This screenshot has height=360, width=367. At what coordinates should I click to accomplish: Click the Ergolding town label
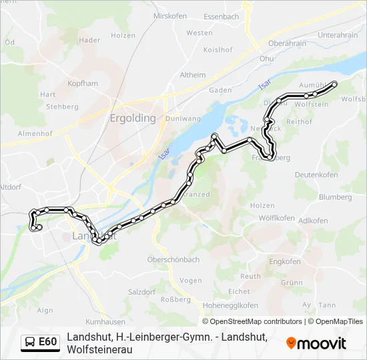tap(132, 118)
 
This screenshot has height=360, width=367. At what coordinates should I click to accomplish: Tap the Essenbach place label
tap(221, 16)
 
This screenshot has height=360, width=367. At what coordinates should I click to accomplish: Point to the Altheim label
tap(193, 75)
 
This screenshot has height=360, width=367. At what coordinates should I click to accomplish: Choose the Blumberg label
tap(335, 197)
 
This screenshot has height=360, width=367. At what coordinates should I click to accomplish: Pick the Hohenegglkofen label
tap(230, 305)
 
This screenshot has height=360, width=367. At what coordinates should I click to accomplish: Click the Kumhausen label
tap(101, 321)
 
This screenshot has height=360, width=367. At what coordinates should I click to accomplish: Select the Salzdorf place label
tap(141, 292)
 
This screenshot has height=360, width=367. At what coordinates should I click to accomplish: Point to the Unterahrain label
tap(338, 35)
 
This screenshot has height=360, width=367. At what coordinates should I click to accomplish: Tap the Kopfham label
tap(83, 84)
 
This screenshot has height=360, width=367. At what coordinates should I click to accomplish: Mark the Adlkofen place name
tap(313, 221)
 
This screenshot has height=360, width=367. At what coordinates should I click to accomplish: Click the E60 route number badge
tap(47, 342)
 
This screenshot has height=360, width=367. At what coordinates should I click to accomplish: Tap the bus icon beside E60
tap(30, 342)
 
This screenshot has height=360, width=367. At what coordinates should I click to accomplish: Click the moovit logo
tap(316, 343)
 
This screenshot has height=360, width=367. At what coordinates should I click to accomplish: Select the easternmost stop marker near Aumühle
tap(335, 83)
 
